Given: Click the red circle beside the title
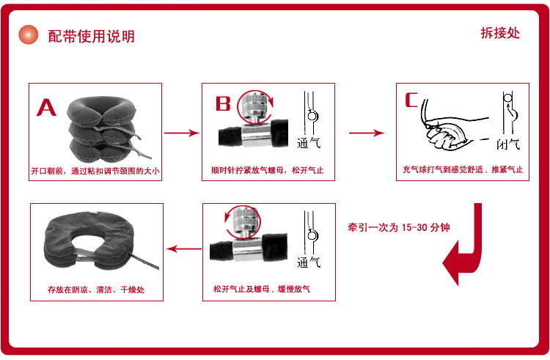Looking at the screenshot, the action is pos(28,34).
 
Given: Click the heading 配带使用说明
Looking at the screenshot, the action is pos(91,36).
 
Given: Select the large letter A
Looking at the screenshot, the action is pos(47,108).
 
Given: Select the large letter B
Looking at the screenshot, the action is pos(223,103).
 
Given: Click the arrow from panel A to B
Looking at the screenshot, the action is pos(181,133).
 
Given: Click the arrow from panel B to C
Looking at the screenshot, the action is pos(366,133).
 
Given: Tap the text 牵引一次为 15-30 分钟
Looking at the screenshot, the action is pos(399,227).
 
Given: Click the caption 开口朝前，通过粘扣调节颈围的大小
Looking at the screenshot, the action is pos(95,171).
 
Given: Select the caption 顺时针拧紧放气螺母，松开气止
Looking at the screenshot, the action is pos(267,171).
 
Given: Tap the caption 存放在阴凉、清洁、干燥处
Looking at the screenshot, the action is pos(95,290).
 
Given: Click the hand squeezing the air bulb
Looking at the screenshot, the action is pos(447,132).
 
